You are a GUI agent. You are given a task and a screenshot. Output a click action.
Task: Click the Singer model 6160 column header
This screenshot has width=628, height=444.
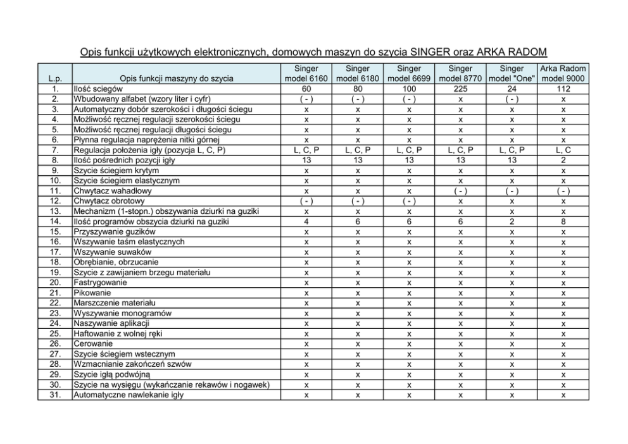pyautogui.click(x=306, y=73)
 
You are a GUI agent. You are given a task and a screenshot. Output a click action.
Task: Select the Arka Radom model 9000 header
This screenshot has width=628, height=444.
pyautogui.click(x=563, y=73)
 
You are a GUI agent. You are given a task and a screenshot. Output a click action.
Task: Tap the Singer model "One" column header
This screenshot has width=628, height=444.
pyautogui.click(x=512, y=73)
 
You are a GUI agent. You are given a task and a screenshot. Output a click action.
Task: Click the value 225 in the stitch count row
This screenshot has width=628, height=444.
pyautogui.click(x=460, y=89)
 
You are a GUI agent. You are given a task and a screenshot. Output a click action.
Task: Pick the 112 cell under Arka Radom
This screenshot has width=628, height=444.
pyautogui.click(x=563, y=89)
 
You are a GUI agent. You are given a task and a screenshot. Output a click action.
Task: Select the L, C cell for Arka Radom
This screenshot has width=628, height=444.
pyautogui.click(x=563, y=150)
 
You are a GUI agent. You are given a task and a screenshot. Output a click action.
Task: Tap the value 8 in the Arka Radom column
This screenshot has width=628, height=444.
pyautogui.click(x=563, y=221)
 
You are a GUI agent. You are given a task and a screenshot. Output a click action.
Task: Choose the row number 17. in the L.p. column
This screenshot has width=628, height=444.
pyautogui.click(x=55, y=252)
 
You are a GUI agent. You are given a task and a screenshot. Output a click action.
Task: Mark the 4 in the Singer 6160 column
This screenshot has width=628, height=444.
pyautogui.click(x=306, y=221)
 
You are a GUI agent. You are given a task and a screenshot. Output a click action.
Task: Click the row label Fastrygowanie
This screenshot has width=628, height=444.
pyautogui.click(x=100, y=283)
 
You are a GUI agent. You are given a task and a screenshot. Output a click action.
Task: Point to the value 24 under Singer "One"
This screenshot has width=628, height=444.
pyautogui.click(x=512, y=89)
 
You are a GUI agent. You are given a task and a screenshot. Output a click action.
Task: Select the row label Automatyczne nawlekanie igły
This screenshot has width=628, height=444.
pyautogui.click(x=129, y=395)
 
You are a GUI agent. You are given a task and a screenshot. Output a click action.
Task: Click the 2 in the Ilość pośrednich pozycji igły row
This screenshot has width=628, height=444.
pyautogui.click(x=563, y=161)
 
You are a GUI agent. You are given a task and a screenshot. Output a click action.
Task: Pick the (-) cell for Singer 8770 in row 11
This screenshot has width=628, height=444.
pyautogui.click(x=460, y=191)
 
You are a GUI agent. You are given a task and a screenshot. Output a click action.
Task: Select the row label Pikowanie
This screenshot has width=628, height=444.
pyautogui.click(x=92, y=293)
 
